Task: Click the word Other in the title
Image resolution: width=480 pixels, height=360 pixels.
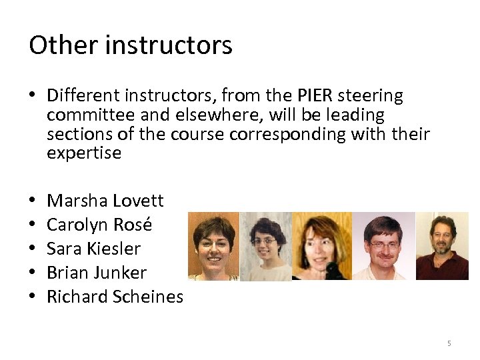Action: coord(55,45)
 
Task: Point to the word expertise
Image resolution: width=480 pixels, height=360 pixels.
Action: coord(84,153)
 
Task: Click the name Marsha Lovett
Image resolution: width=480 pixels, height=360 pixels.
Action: coord(105,201)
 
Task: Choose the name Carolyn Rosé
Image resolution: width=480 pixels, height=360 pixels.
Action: coord(100,225)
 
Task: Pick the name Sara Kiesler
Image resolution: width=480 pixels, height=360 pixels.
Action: coord(94,249)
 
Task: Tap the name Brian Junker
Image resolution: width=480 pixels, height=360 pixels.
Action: coord(97,273)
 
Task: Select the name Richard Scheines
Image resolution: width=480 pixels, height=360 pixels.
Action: coord(115,297)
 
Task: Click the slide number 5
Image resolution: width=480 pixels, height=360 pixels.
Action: coord(449,343)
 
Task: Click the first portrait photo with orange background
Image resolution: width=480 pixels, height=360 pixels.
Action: coord(213,246)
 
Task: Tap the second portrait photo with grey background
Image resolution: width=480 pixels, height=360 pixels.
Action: coord(265,246)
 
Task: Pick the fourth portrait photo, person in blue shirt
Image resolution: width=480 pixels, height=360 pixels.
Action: coord(383,246)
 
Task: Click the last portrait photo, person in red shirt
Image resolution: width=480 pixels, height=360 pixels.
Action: coord(442,246)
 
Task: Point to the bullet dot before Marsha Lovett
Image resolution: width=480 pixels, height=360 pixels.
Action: coord(33,201)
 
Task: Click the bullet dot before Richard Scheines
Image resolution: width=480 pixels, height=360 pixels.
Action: coord(33,297)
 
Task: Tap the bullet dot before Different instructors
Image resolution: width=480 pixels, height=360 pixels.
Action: coord(33,97)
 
